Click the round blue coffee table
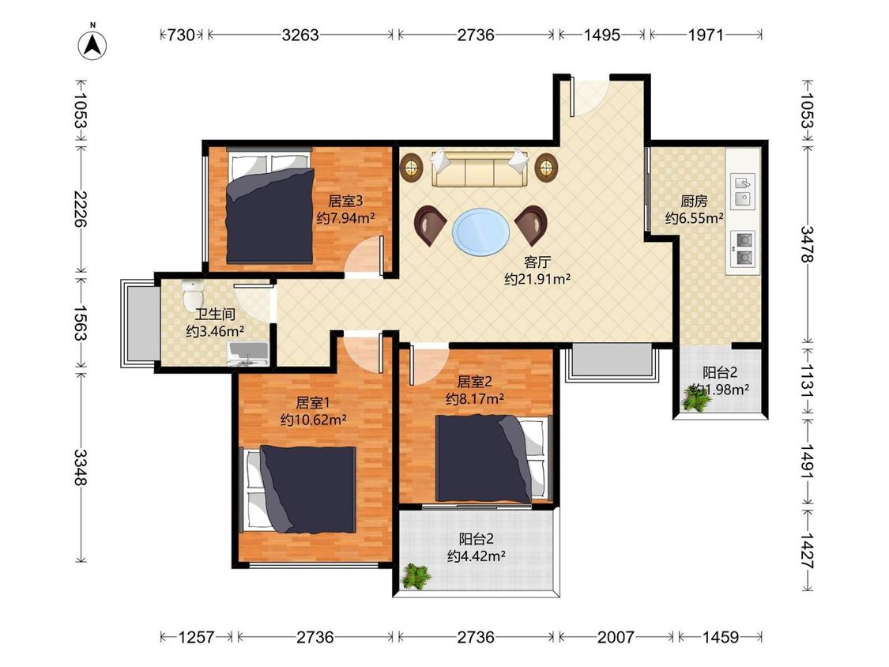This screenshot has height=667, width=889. click(480, 232)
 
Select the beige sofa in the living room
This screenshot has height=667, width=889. click(480, 168)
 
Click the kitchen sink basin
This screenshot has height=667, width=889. click(743, 190)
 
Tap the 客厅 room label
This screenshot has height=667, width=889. click(537, 262)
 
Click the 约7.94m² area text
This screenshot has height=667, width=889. click(346, 218)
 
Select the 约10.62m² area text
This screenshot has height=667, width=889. click(314, 420)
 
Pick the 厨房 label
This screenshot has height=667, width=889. click(694, 202)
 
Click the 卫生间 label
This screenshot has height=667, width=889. click(215, 315)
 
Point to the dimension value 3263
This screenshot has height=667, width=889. click(300, 35)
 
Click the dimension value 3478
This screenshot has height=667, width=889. click(807, 244)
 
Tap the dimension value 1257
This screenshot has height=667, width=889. click(196, 637)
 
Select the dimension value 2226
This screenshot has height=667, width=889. click(81, 209)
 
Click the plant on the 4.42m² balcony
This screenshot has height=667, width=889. click(416, 576)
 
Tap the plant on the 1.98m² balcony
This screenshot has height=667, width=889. click(696, 397)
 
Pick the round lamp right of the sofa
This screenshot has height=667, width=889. click(546, 167)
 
